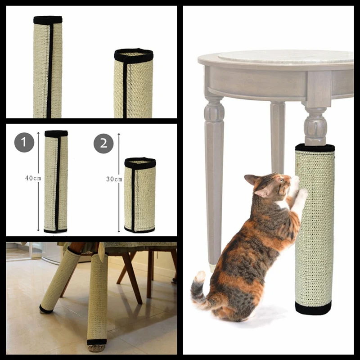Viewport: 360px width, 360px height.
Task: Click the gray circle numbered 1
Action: point(24,143)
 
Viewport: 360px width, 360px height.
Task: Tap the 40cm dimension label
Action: point(33,178)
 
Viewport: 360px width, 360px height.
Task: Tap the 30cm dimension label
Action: point(114,179)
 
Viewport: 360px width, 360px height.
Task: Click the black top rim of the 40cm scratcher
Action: point(56,134)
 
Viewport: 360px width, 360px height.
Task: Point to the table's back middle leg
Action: point(278,135)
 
